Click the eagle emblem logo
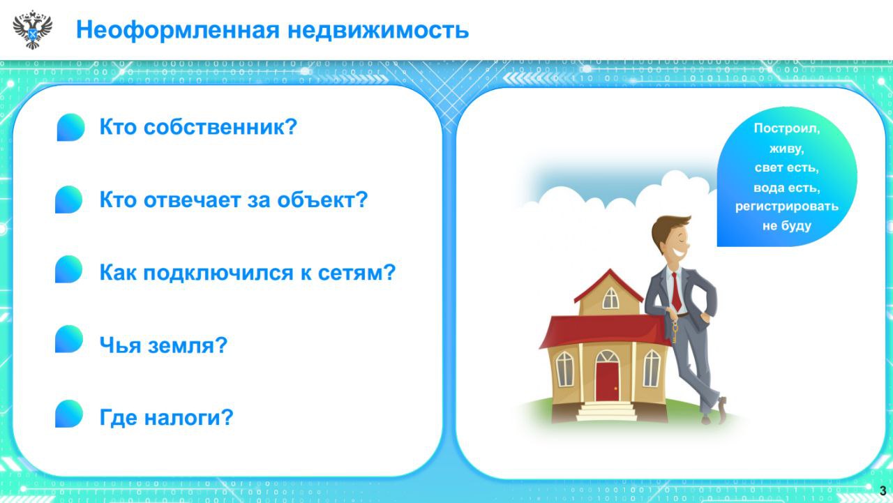32,30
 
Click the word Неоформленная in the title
178,30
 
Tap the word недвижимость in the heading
378,30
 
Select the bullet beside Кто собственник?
70,128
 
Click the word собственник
220,127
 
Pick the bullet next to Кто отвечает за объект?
68,200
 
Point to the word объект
322,200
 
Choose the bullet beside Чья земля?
68,339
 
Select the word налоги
188,418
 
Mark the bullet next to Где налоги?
68,414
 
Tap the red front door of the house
607,382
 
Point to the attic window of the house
610,299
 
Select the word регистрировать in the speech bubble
786,207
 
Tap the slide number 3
883,490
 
